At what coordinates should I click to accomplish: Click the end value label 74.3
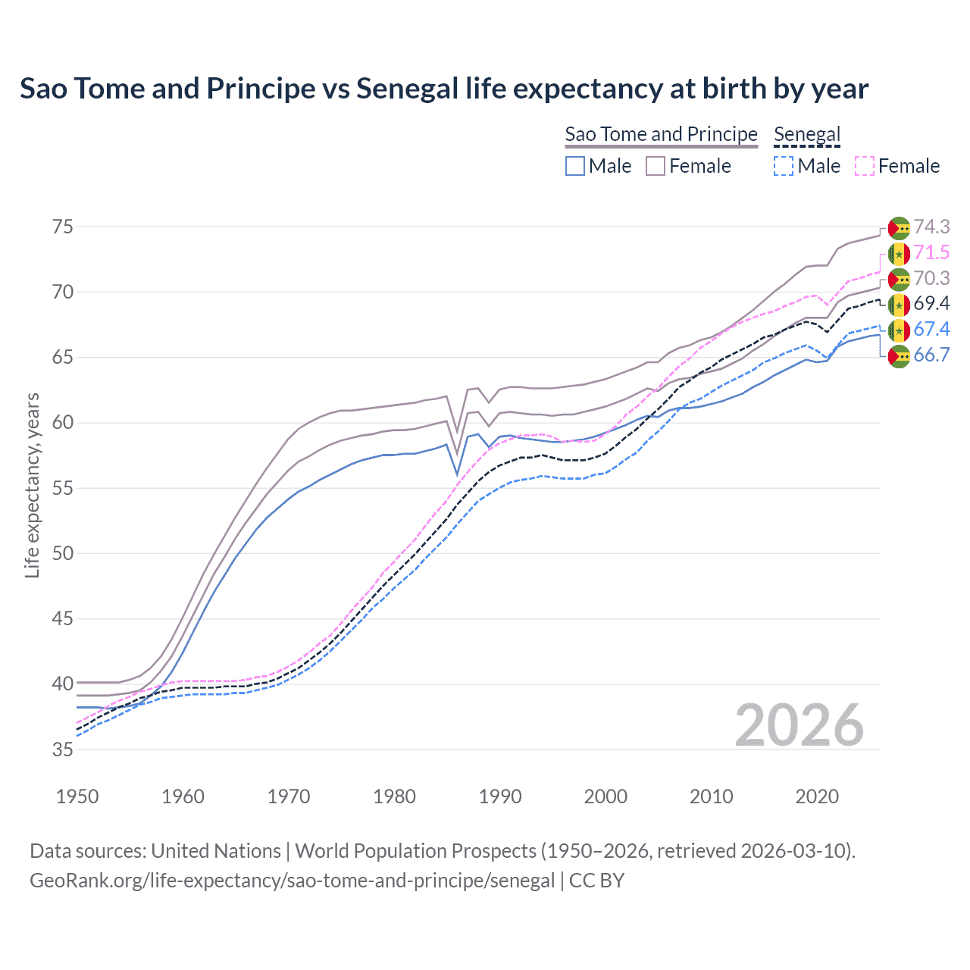931,227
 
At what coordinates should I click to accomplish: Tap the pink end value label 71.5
931,252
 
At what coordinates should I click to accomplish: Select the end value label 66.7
931,355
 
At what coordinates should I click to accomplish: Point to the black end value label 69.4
931,303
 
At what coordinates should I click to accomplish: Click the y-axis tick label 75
63,227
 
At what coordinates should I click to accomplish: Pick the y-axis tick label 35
63,749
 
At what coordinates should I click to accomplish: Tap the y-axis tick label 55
63,488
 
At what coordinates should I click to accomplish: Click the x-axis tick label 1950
77,796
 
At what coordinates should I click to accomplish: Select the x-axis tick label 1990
500,796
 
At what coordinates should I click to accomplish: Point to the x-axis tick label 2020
817,796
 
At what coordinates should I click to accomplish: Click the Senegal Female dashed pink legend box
865,166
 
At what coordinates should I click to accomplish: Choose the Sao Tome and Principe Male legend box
575,166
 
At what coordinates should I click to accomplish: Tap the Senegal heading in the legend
807,134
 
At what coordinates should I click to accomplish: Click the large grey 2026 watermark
799,725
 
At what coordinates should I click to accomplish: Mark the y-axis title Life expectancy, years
32,485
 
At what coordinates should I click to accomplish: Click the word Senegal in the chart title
407,89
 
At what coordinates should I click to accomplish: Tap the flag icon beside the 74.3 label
899,227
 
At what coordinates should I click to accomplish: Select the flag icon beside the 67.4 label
899,330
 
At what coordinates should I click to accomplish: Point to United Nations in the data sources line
216,850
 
